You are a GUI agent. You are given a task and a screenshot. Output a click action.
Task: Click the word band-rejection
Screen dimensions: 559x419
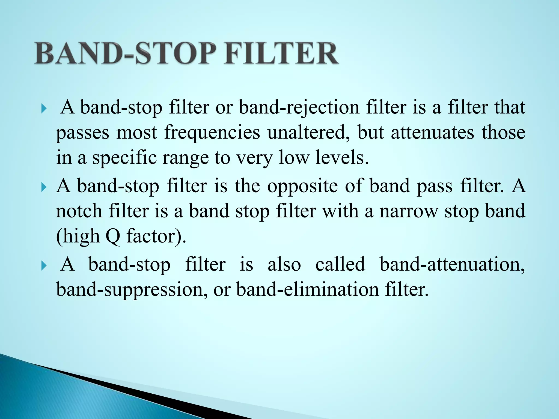pyautogui.click(x=299, y=108)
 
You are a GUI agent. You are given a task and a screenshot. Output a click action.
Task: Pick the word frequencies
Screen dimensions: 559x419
pyautogui.click(x=212, y=133)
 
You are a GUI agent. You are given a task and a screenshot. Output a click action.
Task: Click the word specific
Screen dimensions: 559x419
pyautogui.click(x=125, y=158)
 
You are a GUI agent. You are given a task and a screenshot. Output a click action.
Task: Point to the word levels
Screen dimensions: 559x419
pyautogui.click(x=342, y=158)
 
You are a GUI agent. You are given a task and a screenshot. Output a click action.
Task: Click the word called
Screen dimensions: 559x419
pyautogui.click(x=340, y=264)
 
